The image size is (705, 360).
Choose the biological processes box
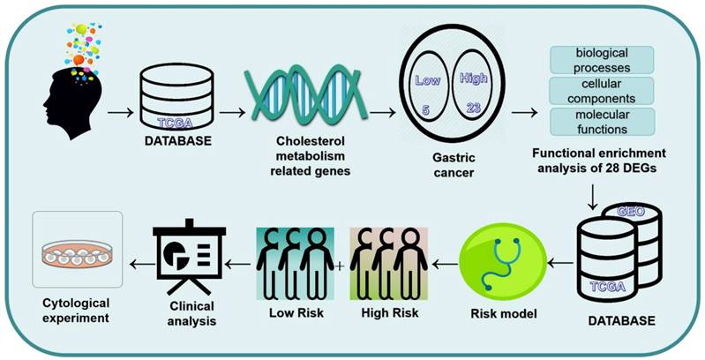click(603, 60)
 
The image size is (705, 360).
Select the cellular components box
click(603, 90)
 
